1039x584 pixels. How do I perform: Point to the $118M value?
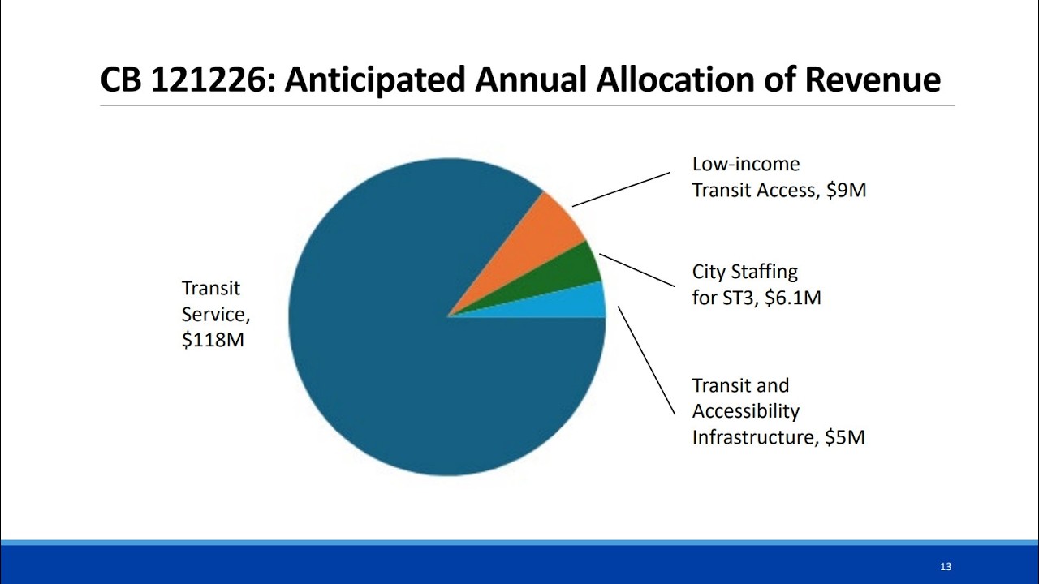pos(213,340)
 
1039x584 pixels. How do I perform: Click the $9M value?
pos(847,191)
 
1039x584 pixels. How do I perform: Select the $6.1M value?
pos(793,298)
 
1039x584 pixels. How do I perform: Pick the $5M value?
pos(845,437)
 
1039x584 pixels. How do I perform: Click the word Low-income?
pos(746,164)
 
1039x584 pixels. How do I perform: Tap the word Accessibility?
pos(746,411)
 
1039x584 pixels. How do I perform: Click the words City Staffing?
pos(745,272)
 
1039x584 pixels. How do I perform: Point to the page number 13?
pos(946,566)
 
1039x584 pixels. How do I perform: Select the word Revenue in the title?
pos(873,79)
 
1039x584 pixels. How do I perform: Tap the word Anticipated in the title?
pos(375,80)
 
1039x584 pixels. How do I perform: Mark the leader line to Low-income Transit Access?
pos(621,189)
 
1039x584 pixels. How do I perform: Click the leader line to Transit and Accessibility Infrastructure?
pos(647,359)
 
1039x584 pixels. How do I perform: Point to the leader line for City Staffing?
pos(637,270)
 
